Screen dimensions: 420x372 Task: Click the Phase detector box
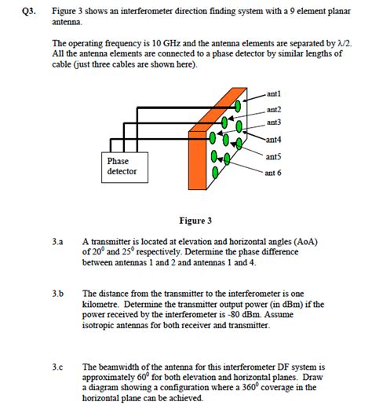click(x=122, y=166)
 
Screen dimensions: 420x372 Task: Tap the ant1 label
click(x=275, y=93)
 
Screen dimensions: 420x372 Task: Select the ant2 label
click(x=274, y=109)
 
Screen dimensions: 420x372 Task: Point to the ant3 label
click(x=274, y=122)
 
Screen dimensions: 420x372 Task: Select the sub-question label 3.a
click(x=58, y=243)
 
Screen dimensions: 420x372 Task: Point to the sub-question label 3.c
click(x=58, y=367)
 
